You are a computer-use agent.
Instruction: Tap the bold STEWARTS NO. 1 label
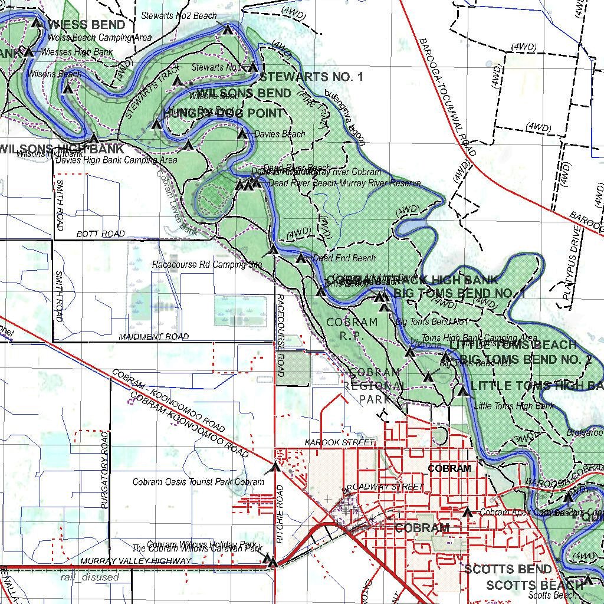tap(311, 77)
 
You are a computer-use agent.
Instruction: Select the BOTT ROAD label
tap(100, 234)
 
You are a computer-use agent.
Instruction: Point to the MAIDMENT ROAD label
tap(153, 337)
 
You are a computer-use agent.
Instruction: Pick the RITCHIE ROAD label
tap(280, 514)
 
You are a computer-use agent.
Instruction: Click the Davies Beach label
tap(280, 134)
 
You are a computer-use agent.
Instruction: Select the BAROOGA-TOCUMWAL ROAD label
tap(447, 98)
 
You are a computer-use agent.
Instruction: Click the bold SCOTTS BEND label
tap(508, 569)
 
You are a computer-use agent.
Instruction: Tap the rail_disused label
tap(90, 577)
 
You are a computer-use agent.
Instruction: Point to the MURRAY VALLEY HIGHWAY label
tap(136, 561)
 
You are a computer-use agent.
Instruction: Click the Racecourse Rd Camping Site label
tap(206, 265)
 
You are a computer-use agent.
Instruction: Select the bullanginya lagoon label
tap(341, 118)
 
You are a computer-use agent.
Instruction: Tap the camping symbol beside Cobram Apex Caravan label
tap(468, 512)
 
